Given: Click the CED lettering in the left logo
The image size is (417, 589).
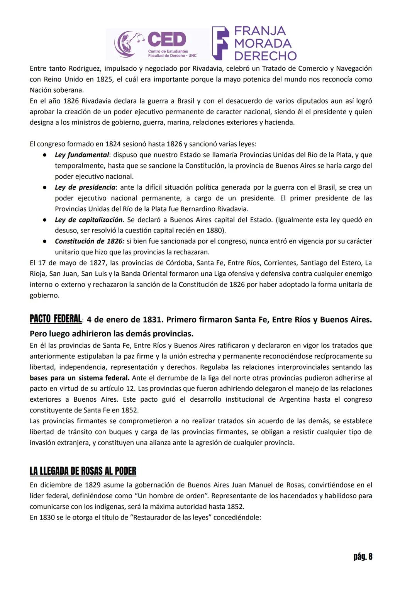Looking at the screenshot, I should click(166, 39).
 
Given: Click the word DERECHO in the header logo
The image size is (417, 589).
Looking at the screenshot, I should click(265, 56).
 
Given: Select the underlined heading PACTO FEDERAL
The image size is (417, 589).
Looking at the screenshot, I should click(56, 319).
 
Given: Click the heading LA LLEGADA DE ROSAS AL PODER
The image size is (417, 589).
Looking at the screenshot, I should click(83, 471).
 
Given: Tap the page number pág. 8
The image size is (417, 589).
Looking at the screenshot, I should click(363, 557).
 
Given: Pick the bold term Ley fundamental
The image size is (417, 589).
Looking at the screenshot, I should click(81, 155).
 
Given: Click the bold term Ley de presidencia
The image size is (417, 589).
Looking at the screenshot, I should click(85, 187).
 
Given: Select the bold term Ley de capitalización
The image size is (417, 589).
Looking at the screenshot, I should click(88, 220).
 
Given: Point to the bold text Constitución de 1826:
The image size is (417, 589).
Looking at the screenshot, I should click(90, 241).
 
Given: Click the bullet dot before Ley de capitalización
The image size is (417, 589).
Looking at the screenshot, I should click(45, 220).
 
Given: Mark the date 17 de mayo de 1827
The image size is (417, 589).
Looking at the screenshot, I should click(68, 263).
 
